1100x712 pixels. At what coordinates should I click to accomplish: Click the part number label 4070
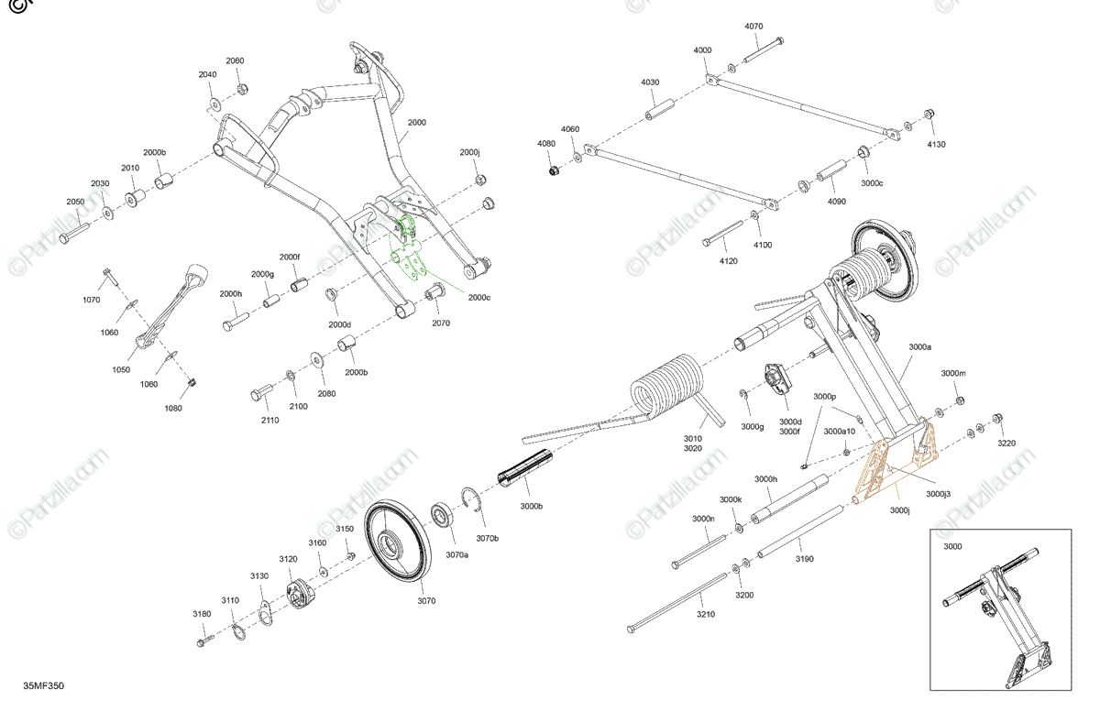tap(753, 27)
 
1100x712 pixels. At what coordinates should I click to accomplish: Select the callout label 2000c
tap(479, 297)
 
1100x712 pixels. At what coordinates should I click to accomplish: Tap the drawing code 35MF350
tap(44, 685)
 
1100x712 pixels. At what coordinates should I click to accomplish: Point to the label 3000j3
tap(939, 494)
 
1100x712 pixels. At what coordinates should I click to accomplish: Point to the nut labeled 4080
tap(554, 170)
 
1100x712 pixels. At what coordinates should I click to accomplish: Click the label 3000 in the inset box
tap(953, 546)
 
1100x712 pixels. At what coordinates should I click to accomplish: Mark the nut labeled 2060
tap(242, 89)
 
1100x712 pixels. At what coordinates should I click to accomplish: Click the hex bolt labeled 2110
tap(260, 394)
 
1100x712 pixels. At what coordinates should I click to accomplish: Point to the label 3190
tap(804, 558)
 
